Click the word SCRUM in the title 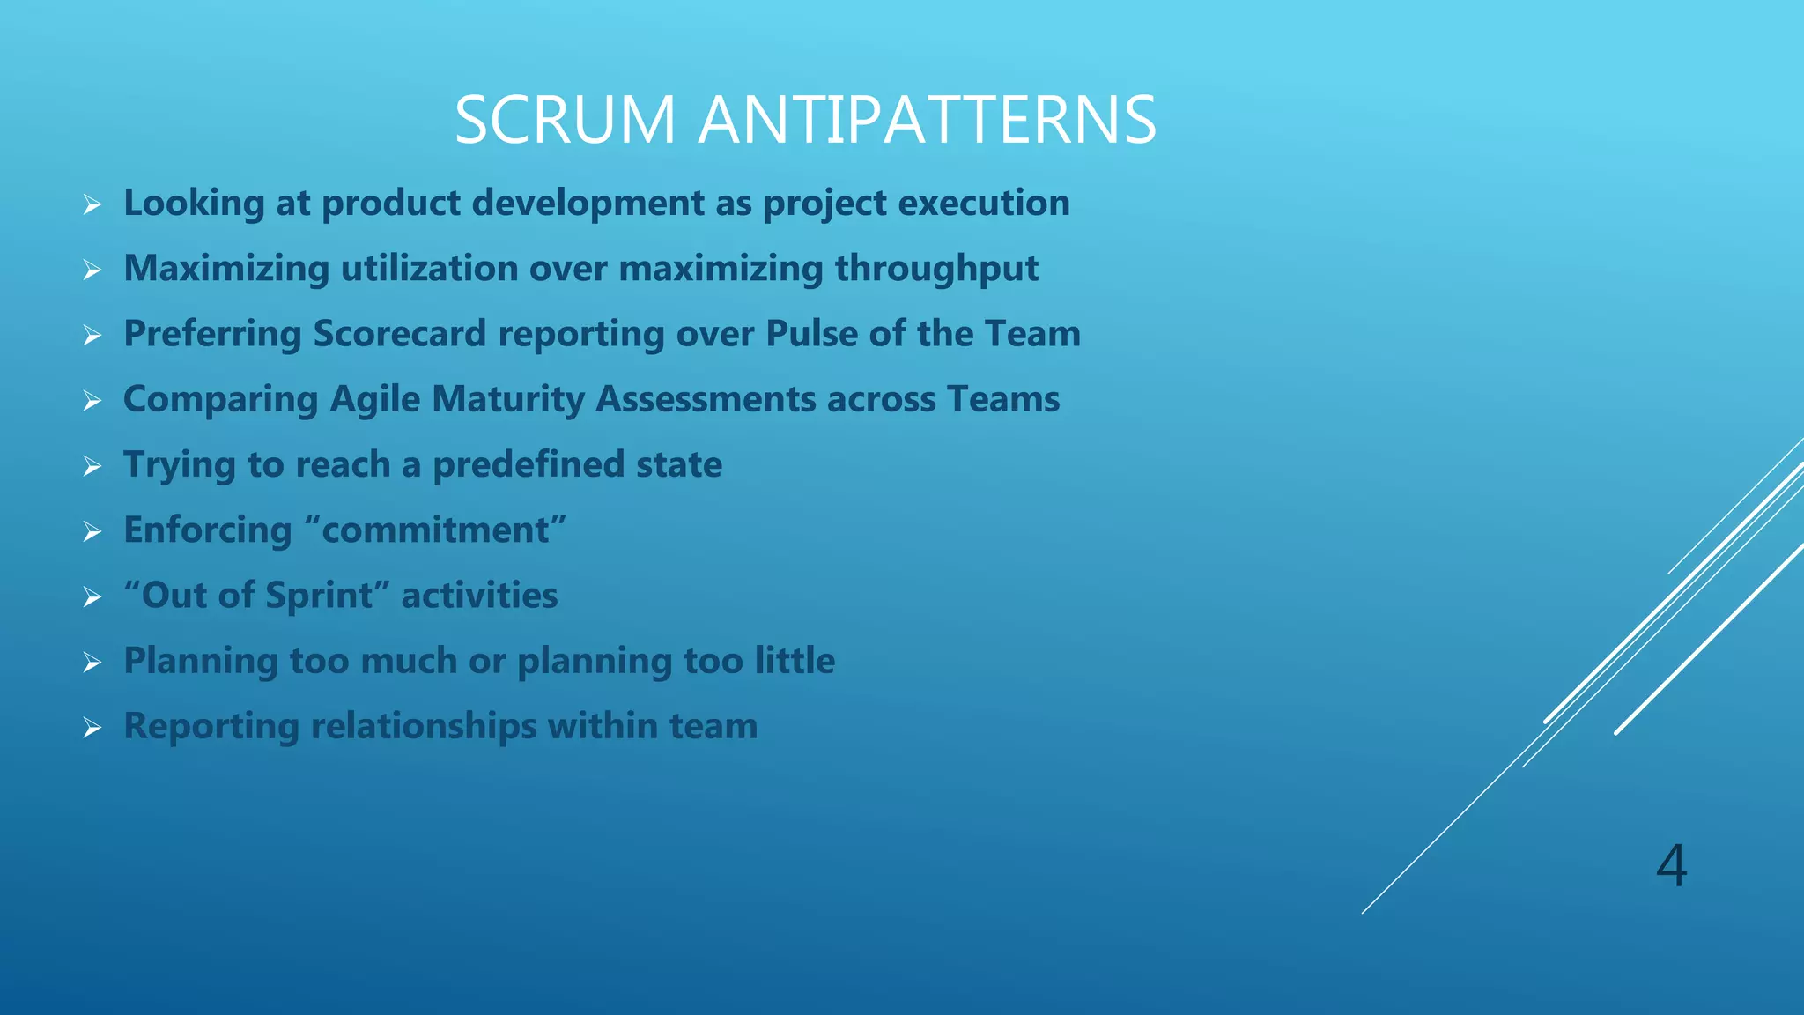coord(565,120)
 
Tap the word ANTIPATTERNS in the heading coord(928,120)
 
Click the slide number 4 coord(1671,865)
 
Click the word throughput coord(936,269)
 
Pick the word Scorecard coord(399,334)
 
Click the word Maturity coord(508,400)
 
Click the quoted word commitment coord(435,530)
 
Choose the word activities coord(479,596)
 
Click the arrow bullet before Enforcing coord(92,531)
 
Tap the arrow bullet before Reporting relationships coord(92,728)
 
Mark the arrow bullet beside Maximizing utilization coord(92,270)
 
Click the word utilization coord(429,269)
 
